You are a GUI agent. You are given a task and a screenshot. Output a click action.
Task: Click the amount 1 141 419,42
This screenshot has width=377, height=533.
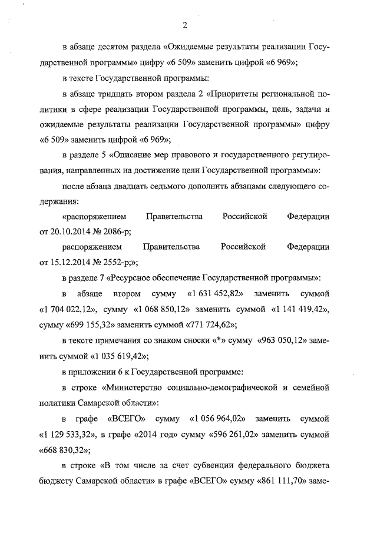[298, 308]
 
